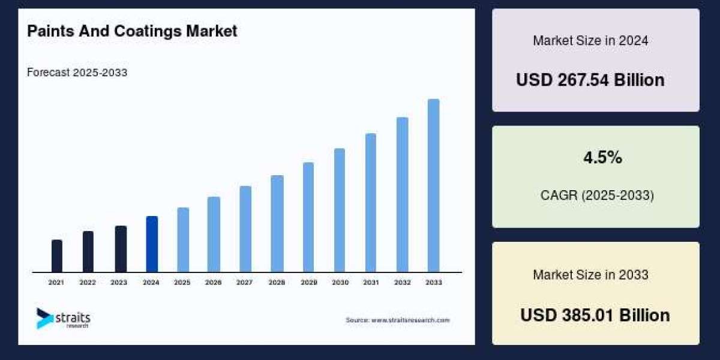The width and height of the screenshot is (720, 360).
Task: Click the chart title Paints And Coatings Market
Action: (x=132, y=31)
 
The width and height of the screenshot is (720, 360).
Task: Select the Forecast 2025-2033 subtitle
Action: (x=77, y=73)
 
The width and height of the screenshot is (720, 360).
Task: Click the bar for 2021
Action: (x=57, y=256)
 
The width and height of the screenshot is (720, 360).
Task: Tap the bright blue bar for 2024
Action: (x=152, y=244)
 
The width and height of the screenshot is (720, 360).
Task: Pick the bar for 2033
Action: (x=433, y=185)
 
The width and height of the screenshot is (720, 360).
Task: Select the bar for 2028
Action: (x=277, y=223)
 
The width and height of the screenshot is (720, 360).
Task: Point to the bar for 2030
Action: (x=340, y=210)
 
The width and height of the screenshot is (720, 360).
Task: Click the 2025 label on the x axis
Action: (x=182, y=282)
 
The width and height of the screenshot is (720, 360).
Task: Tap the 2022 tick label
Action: (x=88, y=282)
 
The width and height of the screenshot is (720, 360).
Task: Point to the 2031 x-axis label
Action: (x=371, y=282)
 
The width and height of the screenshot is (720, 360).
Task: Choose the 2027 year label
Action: (x=245, y=282)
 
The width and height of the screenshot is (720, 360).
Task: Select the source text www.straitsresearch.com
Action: (x=410, y=320)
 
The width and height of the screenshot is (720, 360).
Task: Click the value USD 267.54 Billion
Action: (x=590, y=80)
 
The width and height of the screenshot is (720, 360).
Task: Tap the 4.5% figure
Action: (x=602, y=158)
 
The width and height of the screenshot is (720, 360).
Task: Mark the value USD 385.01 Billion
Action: (x=595, y=315)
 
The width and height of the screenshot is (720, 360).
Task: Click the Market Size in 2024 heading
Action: (x=590, y=41)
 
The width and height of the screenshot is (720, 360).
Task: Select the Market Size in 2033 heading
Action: (x=590, y=275)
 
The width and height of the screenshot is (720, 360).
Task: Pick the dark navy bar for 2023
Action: (x=121, y=248)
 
